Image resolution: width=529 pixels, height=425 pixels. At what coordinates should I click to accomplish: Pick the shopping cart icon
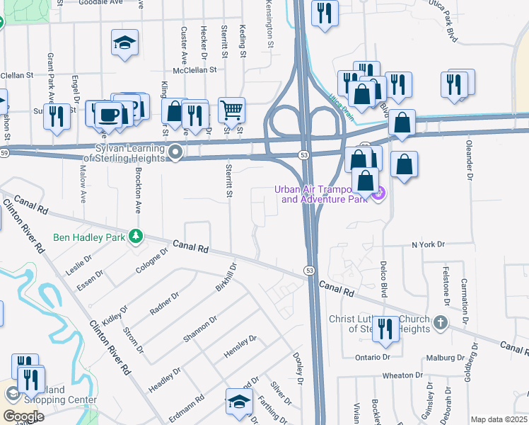point(231,110)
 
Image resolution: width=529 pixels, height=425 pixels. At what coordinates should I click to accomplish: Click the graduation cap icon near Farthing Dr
point(239,402)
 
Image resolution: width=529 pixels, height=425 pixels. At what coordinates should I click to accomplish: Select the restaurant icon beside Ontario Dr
point(385,329)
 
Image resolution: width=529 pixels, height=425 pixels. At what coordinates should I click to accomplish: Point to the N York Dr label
point(429,244)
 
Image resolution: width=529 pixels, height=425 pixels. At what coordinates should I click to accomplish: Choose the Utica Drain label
point(339,105)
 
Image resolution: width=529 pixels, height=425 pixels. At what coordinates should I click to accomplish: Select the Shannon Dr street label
point(199,329)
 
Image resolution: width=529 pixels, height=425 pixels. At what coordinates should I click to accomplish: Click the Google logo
point(23,416)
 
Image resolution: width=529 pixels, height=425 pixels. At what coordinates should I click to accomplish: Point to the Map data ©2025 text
point(498,419)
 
